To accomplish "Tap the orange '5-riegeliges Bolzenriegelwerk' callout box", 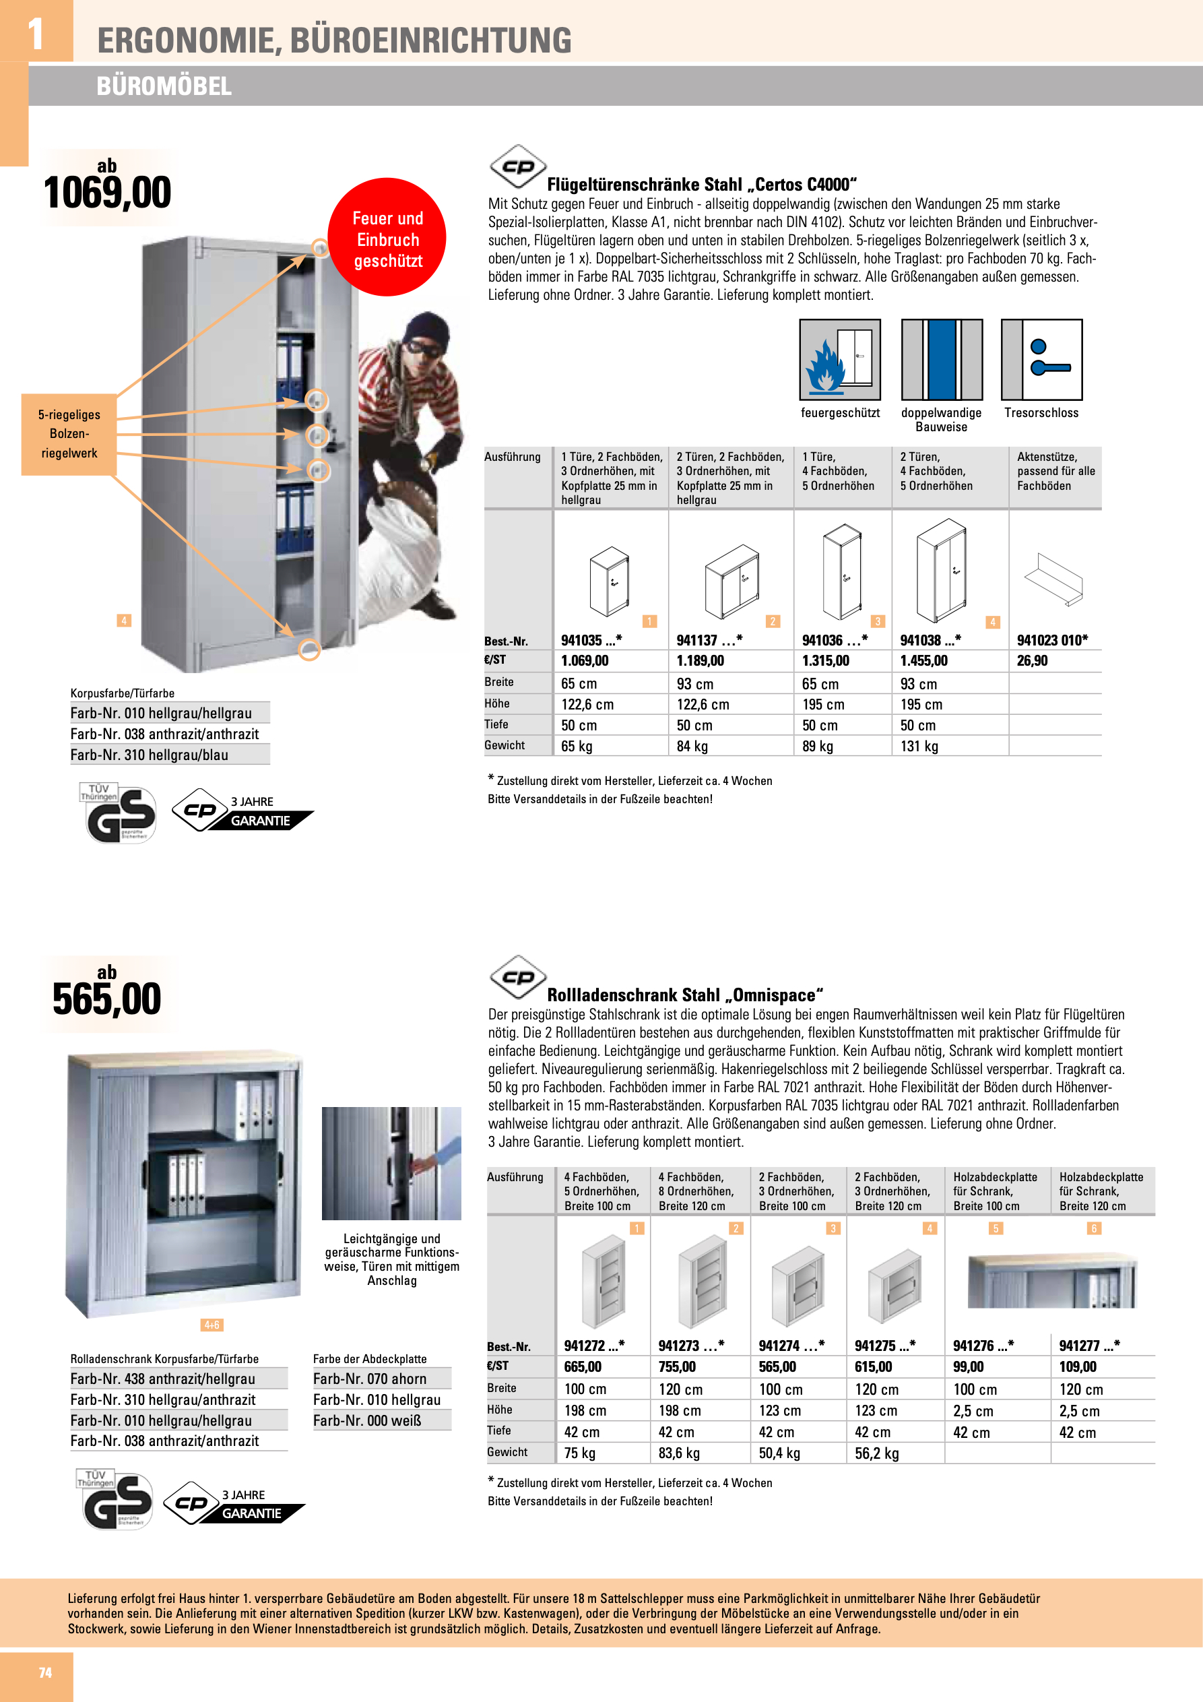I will coord(69,435).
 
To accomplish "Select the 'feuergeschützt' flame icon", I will coord(839,360).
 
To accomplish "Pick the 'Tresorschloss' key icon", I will coord(1041,360).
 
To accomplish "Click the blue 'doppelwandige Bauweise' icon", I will coord(942,360).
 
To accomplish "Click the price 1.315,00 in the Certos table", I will coord(825,660).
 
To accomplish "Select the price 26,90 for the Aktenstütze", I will coord(1032,660).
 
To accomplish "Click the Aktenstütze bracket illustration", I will coord(1053,579).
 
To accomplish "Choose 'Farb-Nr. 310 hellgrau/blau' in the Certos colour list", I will coord(149,755).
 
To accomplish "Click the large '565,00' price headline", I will coord(106,999).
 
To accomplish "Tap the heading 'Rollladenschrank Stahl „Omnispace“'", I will coord(684,995).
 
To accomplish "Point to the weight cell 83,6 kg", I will coord(678,1453).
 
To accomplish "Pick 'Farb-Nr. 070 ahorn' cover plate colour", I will coord(369,1379).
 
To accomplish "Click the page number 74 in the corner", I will coord(45,1672).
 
